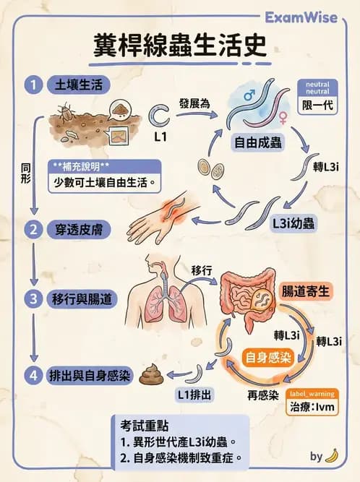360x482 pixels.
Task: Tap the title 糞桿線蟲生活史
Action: point(180,46)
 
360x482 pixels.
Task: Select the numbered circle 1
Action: point(33,85)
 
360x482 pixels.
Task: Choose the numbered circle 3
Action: point(33,297)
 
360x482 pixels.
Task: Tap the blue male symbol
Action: point(248,95)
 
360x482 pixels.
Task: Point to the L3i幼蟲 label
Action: point(293,222)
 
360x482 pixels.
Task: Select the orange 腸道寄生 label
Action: point(305,291)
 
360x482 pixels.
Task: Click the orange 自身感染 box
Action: point(262,356)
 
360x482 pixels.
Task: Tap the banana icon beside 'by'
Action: point(333,455)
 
